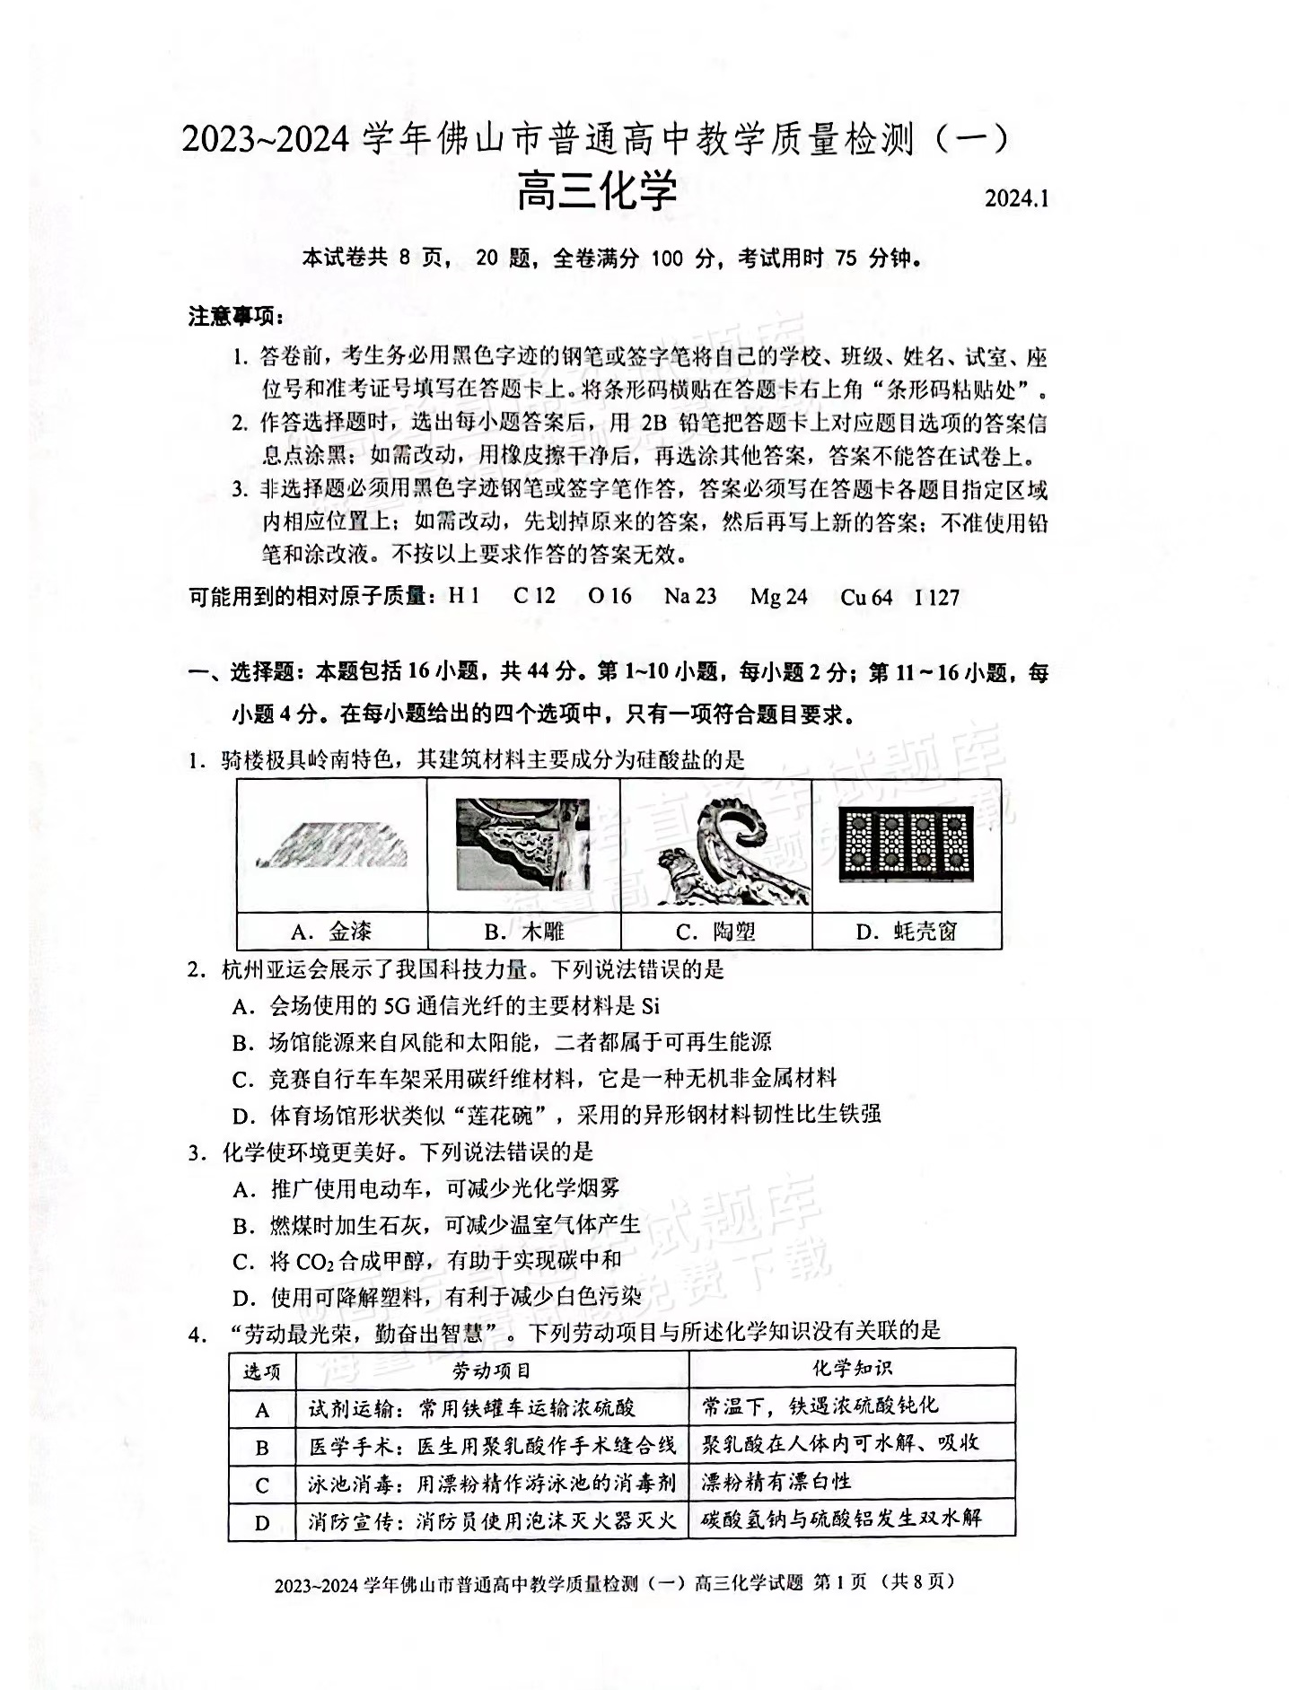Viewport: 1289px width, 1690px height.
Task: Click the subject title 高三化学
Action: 596,191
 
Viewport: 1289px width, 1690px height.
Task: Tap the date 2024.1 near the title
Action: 1016,197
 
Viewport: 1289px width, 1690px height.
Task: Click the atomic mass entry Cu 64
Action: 866,597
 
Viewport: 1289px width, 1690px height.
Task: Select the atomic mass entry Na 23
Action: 690,596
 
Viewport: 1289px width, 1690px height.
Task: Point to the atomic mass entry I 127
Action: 937,597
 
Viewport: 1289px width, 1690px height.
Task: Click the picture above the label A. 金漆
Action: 332,845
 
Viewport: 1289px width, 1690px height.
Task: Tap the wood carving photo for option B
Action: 523,844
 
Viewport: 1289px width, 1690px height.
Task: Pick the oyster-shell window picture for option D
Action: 907,844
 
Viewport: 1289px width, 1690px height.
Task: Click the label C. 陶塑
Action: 715,932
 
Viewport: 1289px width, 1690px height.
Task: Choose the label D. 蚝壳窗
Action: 907,932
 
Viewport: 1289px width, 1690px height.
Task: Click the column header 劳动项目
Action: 492,1370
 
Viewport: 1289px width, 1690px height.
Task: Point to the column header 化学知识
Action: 852,1368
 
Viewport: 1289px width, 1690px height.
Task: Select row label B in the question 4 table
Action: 262,1447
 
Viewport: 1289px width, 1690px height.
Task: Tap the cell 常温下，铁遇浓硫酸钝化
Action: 820,1406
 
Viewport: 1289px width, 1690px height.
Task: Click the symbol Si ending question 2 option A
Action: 651,1005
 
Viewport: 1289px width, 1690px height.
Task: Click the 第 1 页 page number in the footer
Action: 839,1581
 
